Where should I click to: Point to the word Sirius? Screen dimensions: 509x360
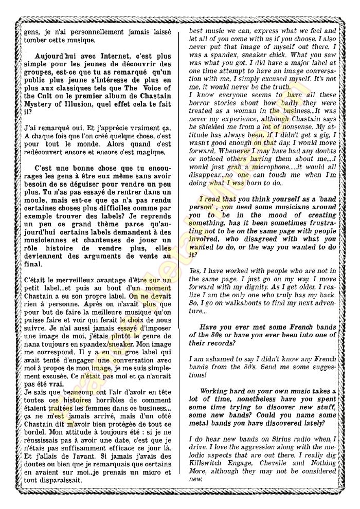[x=286, y=438]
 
